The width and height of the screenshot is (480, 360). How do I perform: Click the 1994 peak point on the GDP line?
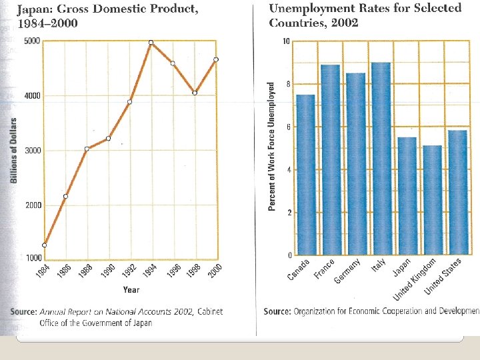coord(151,43)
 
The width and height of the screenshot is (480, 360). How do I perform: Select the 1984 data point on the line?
coord(45,245)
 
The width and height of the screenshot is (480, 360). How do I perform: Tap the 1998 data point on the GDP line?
coord(195,93)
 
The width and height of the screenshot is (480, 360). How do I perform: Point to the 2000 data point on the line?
coord(216,60)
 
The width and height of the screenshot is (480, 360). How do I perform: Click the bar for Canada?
coord(305,175)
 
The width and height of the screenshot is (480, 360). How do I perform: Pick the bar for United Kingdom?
coord(432,200)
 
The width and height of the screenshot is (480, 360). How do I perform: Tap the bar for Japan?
coord(407,196)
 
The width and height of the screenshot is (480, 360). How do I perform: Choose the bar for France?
coord(330,160)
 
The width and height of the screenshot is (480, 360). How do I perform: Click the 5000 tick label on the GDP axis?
coord(32,41)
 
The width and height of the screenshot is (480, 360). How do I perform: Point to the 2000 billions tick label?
coord(33,205)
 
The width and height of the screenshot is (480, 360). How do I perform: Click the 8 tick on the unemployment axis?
coord(287,84)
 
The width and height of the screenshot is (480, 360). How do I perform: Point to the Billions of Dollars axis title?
coord(13,151)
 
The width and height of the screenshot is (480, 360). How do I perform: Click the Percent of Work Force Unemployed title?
coord(272,147)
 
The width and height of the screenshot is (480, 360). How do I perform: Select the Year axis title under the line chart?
coord(131,290)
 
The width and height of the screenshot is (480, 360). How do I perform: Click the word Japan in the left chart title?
coord(35,9)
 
